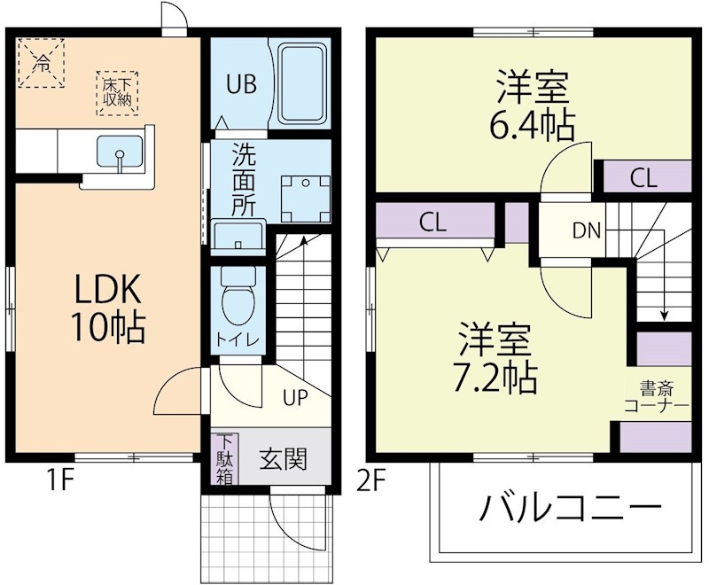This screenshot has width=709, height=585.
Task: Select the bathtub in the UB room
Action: coord(304,85)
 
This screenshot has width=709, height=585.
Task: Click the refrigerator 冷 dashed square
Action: coord(42,61)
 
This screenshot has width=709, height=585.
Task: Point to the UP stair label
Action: coord(294,396)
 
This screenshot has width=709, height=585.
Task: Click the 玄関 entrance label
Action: coord(283,459)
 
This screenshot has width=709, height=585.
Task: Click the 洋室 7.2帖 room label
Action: coord(496,359)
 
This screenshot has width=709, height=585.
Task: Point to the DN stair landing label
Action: coord(586,232)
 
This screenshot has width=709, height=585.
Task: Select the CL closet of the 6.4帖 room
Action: coord(644,177)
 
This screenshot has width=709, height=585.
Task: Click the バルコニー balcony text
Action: coord(571,510)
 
